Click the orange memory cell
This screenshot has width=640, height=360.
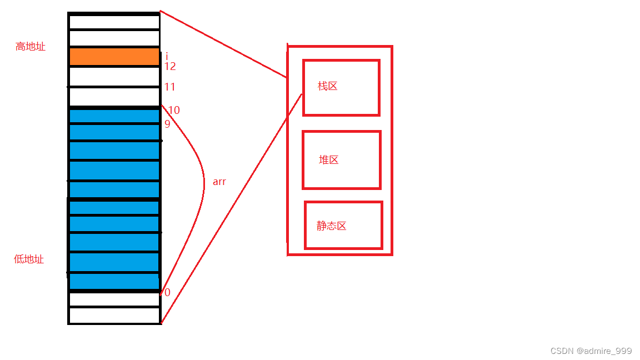click(114, 57)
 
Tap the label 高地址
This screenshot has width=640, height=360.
click(30, 47)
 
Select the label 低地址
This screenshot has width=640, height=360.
click(29, 259)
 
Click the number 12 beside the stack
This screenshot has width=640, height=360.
click(170, 66)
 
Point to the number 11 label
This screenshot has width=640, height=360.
click(170, 87)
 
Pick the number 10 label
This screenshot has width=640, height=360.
click(174, 111)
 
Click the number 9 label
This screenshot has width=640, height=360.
click(167, 124)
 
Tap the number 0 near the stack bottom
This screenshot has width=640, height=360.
click(167, 293)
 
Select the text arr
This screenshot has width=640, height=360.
click(219, 182)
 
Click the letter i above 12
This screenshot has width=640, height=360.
click(167, 56)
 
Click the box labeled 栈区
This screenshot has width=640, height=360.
click(341, 88)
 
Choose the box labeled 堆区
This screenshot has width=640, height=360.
click(341, 160)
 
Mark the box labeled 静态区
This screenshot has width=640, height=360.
click(343, 225)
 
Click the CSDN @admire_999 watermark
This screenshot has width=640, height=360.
click(591, 351)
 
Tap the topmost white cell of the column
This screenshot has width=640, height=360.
click(114, 22)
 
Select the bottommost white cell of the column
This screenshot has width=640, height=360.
click(114, 316)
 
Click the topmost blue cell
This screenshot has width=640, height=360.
click(114, 116)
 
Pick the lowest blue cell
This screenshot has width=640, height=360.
click(114, 281)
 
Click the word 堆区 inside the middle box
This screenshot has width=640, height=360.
click(329, 160)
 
